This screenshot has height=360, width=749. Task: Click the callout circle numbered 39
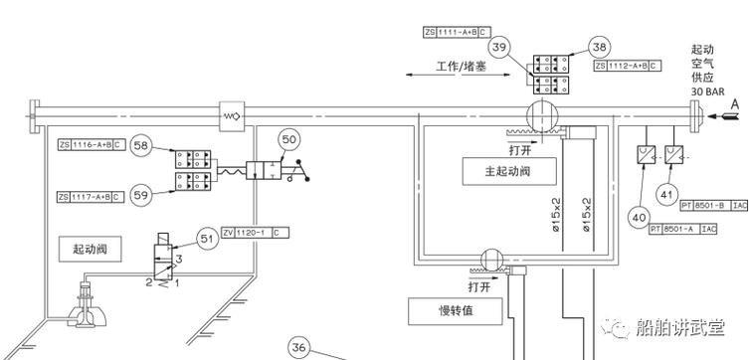pyautogui.click(x=501, y=47)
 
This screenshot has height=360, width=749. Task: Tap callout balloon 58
pyautogui.click(x=140, y=146)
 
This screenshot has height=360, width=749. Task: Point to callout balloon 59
pyautogui.click(x=140, y=196)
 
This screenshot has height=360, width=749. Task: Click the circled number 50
pyautogui.click(x=288, y=140)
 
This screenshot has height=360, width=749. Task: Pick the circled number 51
pyautogui.click(x=208, y=238)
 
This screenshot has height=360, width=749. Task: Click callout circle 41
pyautogui.click(x=665, y=194)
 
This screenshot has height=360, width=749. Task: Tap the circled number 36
pyautogui.click(x=299, y=347)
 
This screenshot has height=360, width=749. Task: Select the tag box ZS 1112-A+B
pyautogui.click(x=627, y=66)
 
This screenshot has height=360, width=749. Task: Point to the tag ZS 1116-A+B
pyautogui.click(x=91, y=145)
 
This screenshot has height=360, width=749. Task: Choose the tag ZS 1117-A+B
pyautogui.click(x=91, y=197)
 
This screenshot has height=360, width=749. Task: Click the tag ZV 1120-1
pyautogui.click(x=256, y=232)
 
